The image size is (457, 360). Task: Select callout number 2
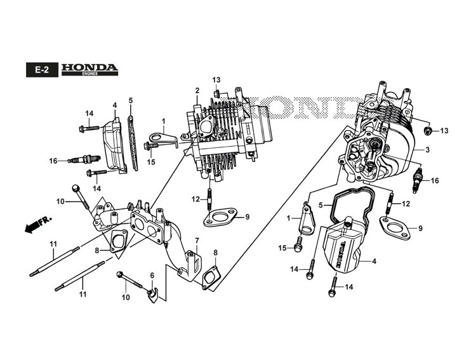coord(197,90)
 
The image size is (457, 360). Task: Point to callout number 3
coord(428,150)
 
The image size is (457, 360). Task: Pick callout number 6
coord(152,275)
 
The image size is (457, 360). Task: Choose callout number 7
coord(197,241)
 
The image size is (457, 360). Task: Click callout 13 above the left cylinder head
coord(216,80)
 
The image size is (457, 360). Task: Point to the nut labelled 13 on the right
coord(427,131)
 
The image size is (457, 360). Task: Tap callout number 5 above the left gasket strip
coord(130,100)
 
